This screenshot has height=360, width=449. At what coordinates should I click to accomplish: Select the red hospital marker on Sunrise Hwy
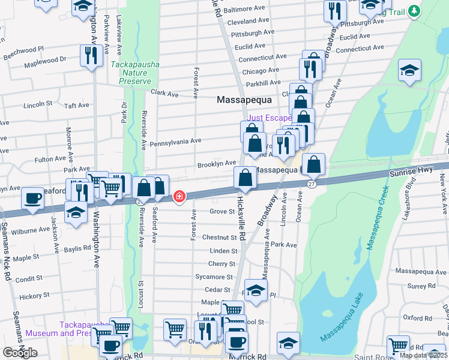click(x=179, y=197)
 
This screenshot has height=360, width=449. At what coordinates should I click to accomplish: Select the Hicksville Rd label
click(x=241, y=218)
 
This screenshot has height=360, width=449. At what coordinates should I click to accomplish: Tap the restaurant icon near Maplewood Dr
click(x=91, y=55)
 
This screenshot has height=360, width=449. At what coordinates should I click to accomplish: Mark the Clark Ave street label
click(x=164, y=94)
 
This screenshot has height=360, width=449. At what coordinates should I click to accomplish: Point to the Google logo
click(x=20, y=353)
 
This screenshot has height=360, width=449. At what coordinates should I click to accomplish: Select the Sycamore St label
click(x=214, y=277)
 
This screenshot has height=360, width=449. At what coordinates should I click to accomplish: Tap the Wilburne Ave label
click(x=30, y=230)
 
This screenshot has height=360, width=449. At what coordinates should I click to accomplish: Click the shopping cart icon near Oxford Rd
click(x=398, y=346)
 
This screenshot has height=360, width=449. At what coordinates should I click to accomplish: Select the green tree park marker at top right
click(x=413, y=11)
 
